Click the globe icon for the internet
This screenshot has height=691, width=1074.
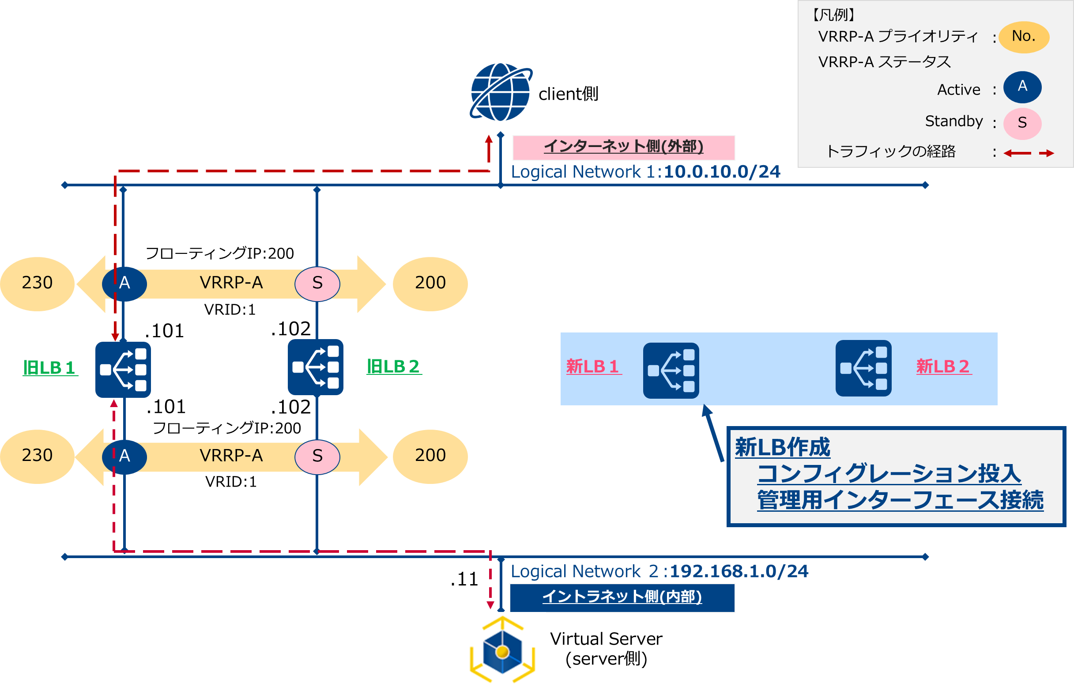[x=501, y=92]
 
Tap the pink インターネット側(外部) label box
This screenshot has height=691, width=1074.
[x=624, y=147]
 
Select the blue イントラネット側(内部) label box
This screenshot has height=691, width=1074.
[x=622, y=598]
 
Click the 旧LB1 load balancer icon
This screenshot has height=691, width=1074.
[x=123, y=370]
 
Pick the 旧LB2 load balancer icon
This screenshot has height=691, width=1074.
[x=315, y=367]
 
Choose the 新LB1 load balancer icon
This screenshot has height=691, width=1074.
[x=671, y=370]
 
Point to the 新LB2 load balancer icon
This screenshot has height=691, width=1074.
[x=863, y=368]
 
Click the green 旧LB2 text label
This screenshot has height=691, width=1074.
[x=394, y=366]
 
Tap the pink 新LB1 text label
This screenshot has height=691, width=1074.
[x=593, y=366]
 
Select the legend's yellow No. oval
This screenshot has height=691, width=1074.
[x=1023, y=37]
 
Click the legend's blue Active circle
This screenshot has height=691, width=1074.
[x=1022, y=87]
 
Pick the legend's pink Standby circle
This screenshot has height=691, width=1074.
[x=1022, y=123]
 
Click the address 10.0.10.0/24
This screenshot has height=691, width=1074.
[x=722, y=172]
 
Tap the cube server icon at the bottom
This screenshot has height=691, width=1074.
[x=501, y=651]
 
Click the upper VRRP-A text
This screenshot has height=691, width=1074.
[x=231, y=283]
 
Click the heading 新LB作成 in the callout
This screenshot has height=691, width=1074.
[x=782, y=447]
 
